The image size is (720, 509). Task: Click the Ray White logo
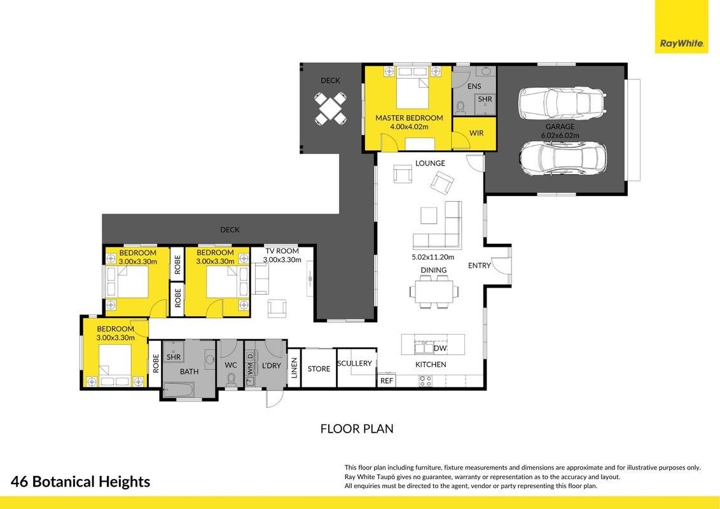[x=681, y=43]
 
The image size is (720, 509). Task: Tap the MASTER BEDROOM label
[x=409, y=118]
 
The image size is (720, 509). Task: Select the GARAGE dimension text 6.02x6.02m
[x=560, y=136]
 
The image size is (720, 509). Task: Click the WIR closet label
[x=476, y=133]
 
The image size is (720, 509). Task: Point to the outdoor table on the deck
[x=330, y=109]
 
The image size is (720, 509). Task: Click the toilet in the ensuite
[x=460, y=108]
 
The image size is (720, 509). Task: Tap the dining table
[x=434, y=291]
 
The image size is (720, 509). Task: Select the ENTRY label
[x=480, y=265]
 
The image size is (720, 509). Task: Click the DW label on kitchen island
[x=440, y=348]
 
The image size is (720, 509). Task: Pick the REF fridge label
[x=387, y=381]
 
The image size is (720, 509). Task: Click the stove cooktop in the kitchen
[x=426, y=381]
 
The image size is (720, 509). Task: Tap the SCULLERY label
[x=354, y=363]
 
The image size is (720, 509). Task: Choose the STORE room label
[x=319, y=369]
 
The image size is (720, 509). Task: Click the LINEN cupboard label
[x=294, y=368]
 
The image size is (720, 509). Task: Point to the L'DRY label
[x=271, y=366]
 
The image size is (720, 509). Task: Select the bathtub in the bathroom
[x=179, y=390]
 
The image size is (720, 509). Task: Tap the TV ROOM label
[x=282, y=251]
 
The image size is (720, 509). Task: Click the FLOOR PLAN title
[x=357, y=429]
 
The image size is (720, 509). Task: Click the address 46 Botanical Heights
[x=80, y=482]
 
